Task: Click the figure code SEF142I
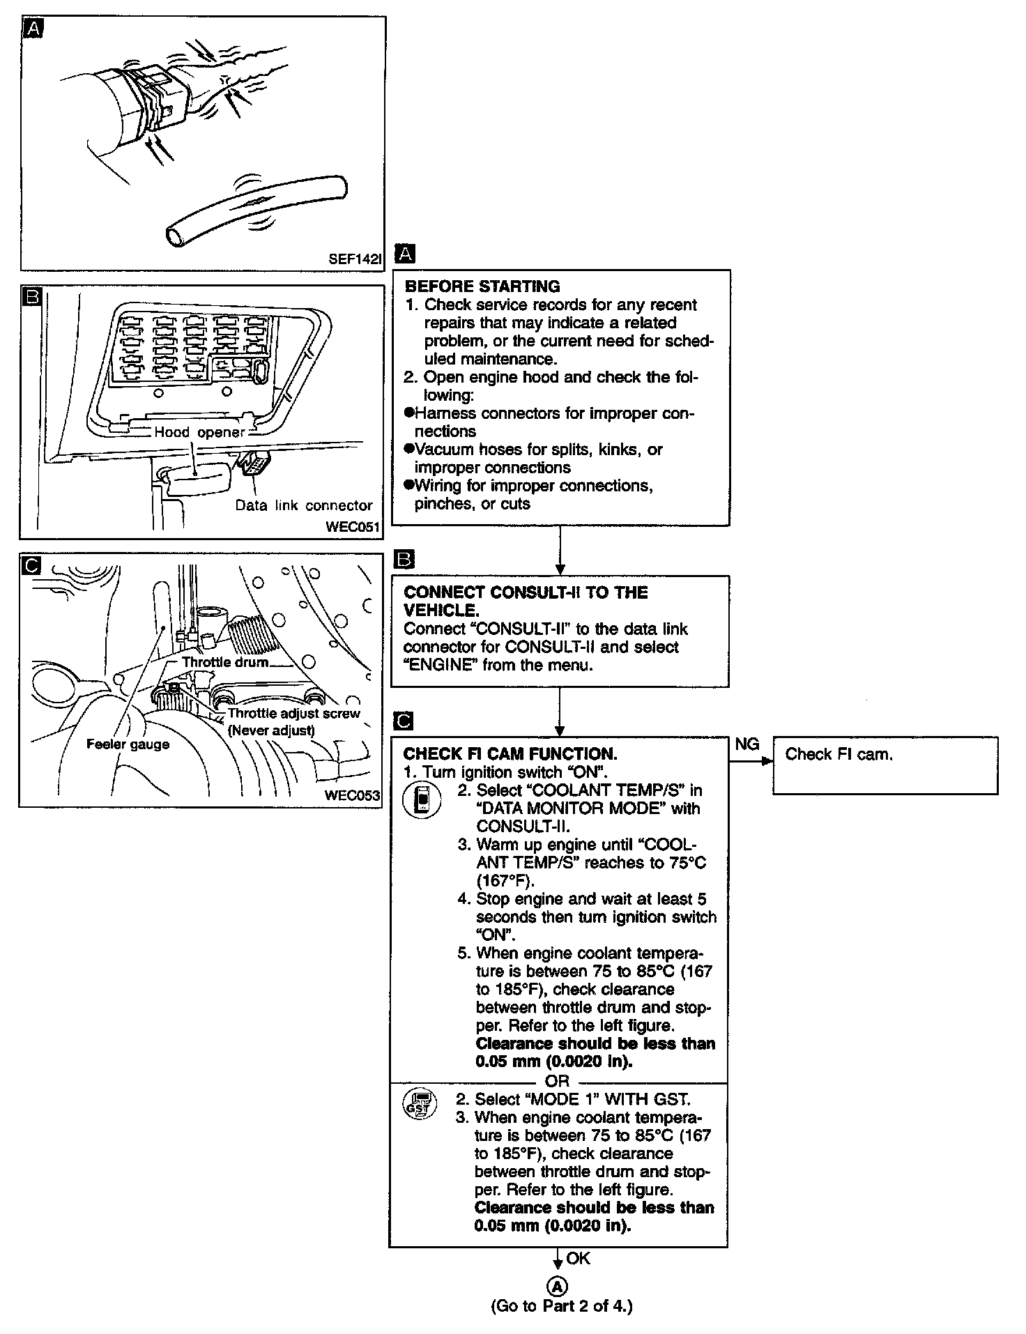[355, 259]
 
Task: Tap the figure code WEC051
[353, 527]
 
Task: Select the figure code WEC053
[353, 795]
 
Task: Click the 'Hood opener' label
[199, 432]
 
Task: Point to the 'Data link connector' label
[304, 505]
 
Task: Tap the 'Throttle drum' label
[225, 661]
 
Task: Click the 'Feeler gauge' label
[128, 744]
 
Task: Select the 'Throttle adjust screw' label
[293, 713]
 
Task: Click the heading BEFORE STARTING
[482, 286]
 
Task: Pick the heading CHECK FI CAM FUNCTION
[510, 753]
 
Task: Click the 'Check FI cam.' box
[885, 765]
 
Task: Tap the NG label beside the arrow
[747, 744]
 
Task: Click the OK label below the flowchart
[579, 1258]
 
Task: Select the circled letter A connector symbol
[559, 1287]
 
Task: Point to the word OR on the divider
[558, 1081]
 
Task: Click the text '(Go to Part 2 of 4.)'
[561, 1305]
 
